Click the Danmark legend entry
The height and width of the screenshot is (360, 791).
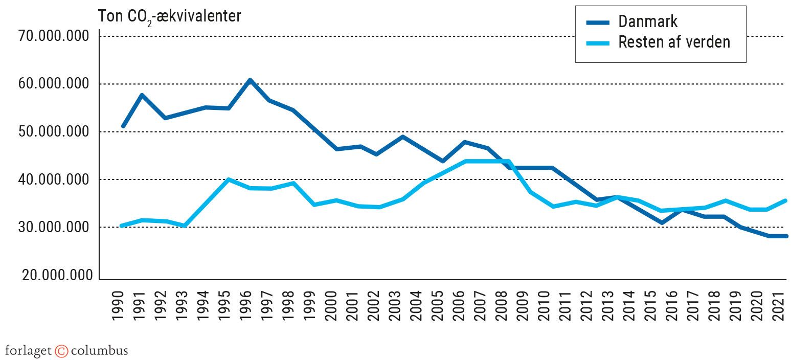tap(647, 21)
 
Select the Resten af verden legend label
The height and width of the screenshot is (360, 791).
tap(674, 42)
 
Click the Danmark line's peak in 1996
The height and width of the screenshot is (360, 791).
tap(250, 80)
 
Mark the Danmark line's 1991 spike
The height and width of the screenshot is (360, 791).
tap(142, 95)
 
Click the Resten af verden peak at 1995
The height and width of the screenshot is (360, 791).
tap(228, 179)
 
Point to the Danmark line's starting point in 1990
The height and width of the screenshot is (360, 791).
tap(123, 126)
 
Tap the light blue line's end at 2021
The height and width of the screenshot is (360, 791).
tap(785, 200)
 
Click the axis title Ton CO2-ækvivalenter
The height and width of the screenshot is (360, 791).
tap(169, 16)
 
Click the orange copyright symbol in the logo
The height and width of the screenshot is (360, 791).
tap(61, 351)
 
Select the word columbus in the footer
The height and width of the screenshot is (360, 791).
tap(99, 351)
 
